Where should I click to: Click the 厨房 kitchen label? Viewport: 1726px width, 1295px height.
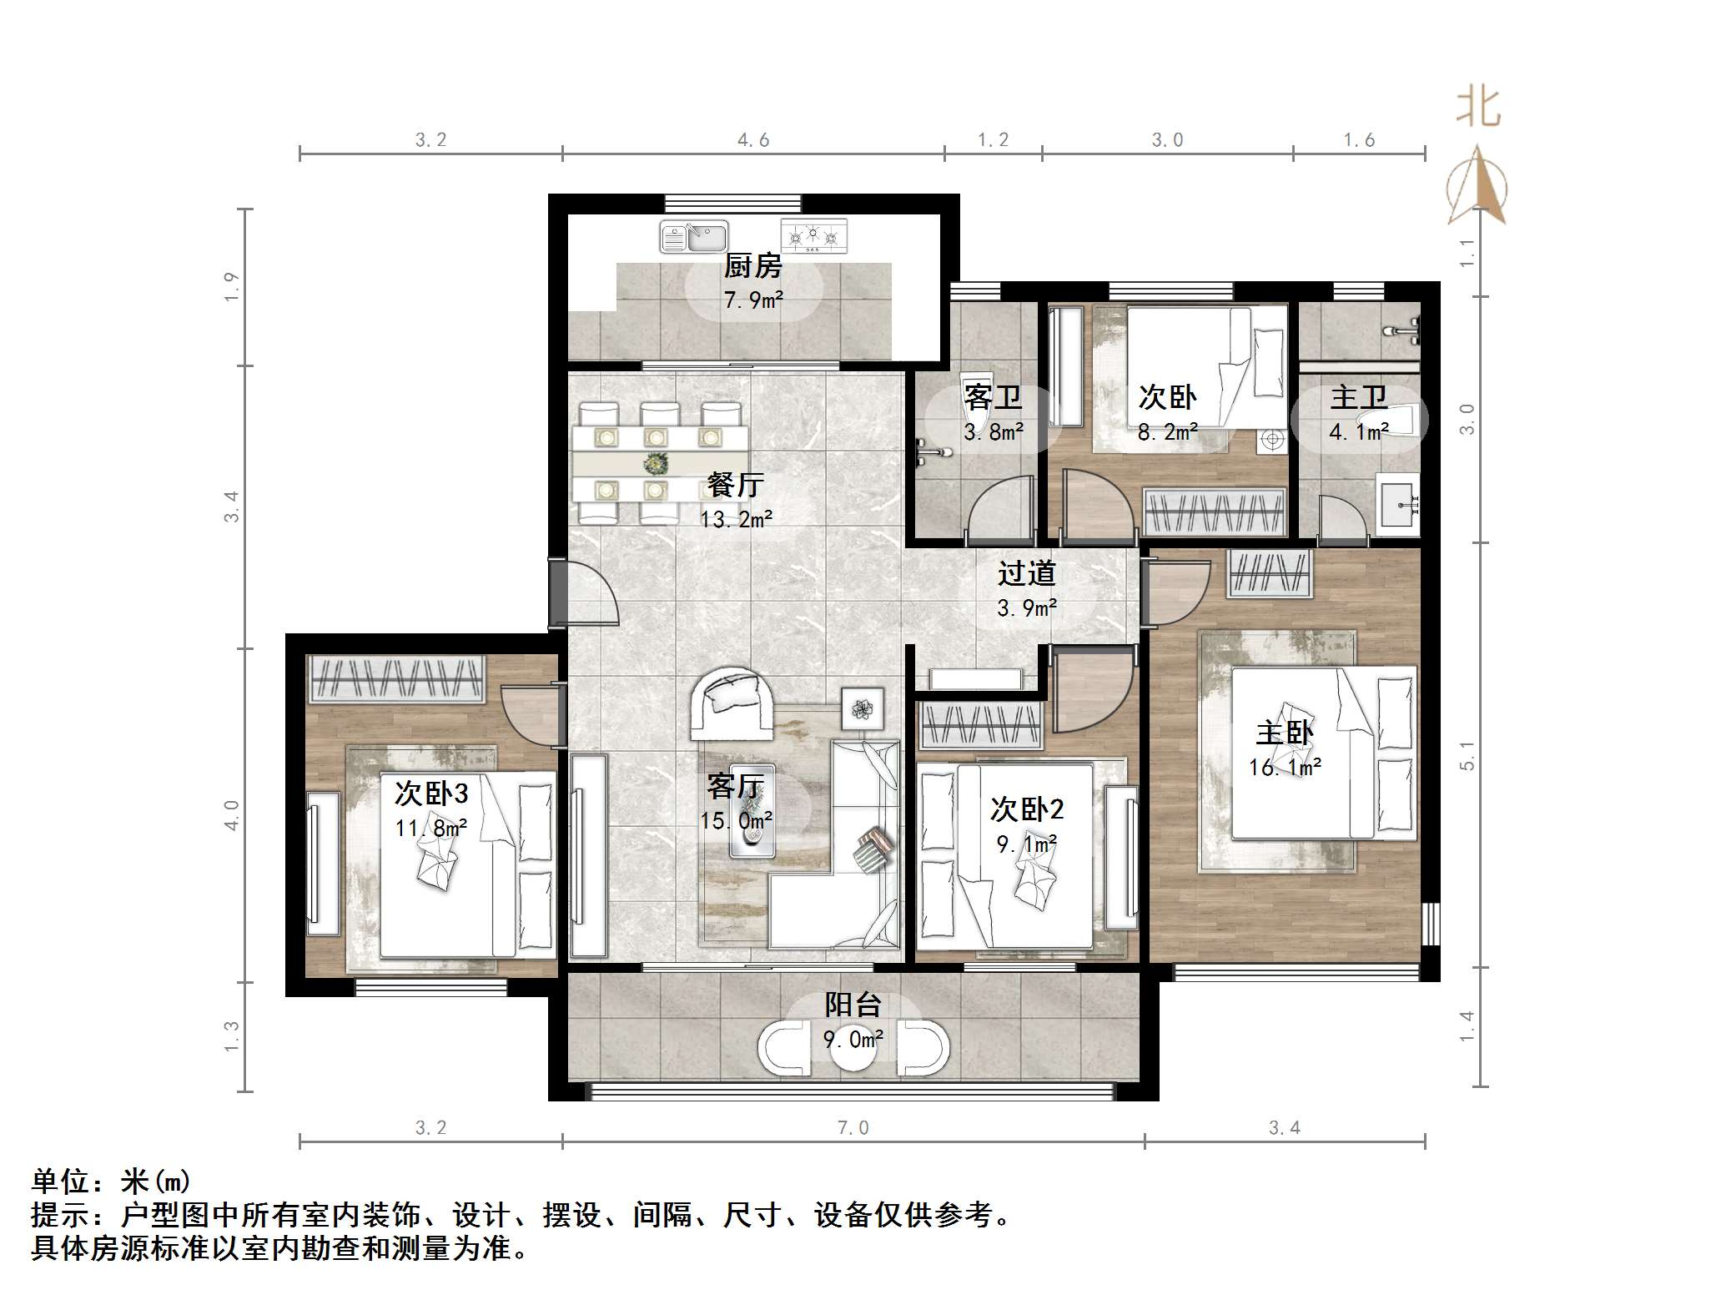[x=752, y=266]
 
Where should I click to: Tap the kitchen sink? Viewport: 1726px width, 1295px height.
[x=694, y=237]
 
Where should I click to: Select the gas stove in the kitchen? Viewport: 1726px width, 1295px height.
[x=813, y=236]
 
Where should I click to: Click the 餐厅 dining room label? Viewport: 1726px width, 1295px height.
[x=735, y=484]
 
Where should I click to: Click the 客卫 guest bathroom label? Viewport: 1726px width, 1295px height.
[x=993, y=396]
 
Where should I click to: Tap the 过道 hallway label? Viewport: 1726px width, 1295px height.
[x=1027, y=573]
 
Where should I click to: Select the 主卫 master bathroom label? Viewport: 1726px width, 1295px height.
[x=1359, y=396]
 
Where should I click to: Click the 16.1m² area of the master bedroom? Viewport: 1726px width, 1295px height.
[x=1285, y=767]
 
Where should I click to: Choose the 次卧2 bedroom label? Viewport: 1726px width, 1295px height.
[x=1027, y=809]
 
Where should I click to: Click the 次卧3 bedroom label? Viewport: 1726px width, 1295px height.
[x=431, y=793]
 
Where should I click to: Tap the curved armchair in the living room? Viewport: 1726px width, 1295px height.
[x=732, y=703]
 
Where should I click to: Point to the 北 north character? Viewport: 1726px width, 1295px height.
[x=1479, y=107]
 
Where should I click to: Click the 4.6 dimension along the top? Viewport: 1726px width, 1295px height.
[x=753, y=140]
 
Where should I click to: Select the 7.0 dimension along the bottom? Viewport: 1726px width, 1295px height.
[x=853, y=1128]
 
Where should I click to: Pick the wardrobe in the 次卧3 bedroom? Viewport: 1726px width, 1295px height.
[x=397, y=678]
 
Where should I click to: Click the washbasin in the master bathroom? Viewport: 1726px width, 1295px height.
[x=1397, y=504]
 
